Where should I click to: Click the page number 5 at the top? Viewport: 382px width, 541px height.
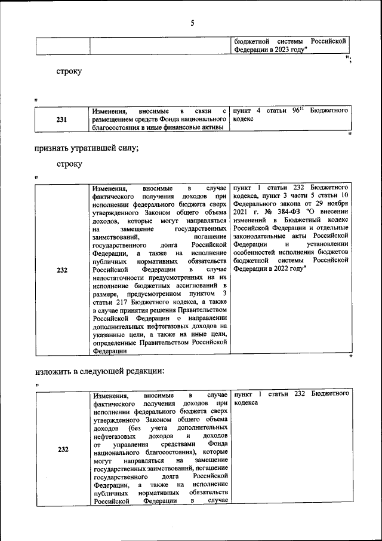192,23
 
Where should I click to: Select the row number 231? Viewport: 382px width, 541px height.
61,120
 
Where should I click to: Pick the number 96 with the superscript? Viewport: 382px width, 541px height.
295,111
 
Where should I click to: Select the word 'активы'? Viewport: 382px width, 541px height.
213,127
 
